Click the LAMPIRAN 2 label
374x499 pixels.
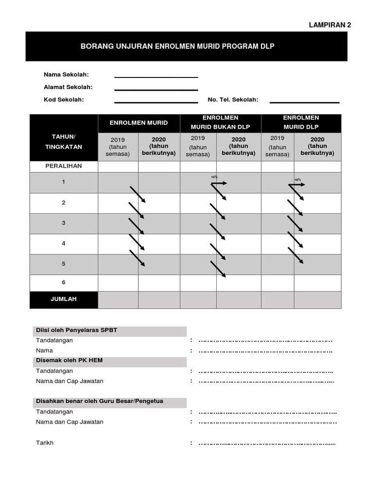[x=330, y=25]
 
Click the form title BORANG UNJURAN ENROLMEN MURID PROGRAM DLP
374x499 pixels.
[x=177, y=46]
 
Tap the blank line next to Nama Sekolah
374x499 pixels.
[x=156, y=77]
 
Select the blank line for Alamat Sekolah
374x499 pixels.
[x=156, y=89]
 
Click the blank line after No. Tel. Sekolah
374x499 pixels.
[x=304, y=102]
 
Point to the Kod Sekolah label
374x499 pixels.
[x=64, y=99]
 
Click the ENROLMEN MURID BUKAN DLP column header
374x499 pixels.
[x=221, y=122]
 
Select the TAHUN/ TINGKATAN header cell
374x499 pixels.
[x=64, y=141]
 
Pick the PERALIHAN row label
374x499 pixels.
[x=64, y=166]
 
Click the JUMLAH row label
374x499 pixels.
[x=64, y=299]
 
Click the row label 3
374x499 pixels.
[x=64, y=223]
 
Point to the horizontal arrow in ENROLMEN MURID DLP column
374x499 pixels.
[x=298, y=184]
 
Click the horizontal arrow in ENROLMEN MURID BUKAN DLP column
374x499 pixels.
[x=219, y=183]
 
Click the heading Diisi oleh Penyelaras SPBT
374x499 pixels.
[x=76, y=330]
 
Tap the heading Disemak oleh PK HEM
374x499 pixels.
[x=69, y=361]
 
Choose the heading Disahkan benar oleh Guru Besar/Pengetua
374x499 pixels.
[x=99, y=401]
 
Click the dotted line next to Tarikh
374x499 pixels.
[x=267, y=443]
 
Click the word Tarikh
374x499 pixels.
[x=45, y=443]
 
